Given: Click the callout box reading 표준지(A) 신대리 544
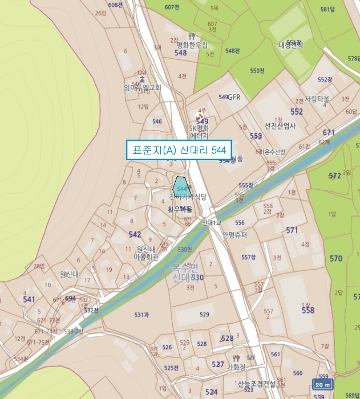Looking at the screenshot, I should pos(179,150).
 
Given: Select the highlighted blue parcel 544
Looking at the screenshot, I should pos(181,188).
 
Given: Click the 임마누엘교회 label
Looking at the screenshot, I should pos(143,88).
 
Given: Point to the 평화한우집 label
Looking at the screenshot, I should pos(192,44).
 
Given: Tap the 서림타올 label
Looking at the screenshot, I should pos(317,99).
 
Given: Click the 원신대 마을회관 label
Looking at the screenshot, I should pos(147,253).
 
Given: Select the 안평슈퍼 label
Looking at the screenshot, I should pos(234,234).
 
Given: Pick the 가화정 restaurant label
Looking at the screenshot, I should pos(236,367).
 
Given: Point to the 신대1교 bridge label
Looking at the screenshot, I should pos(212,223).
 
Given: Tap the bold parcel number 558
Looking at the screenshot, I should pos(308,310).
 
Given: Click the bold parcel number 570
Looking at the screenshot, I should pos(336,259).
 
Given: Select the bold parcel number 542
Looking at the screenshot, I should pos(135,234).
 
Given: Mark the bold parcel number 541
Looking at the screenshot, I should pos(29,299).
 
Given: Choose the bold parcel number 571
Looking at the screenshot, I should pos(292,230).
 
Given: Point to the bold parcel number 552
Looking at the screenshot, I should pos(297,112).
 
